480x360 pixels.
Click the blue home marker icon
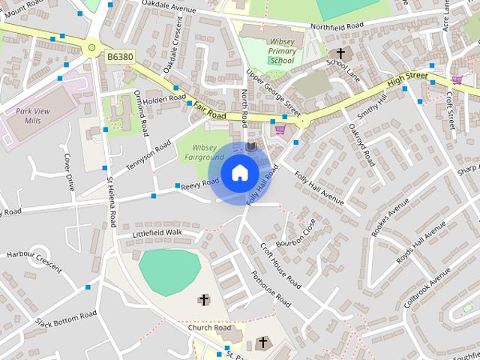(239, 173)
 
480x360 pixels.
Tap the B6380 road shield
(120, 56)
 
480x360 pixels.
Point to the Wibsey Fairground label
(204, 151)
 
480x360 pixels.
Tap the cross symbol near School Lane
(341, 54)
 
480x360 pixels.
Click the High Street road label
(408, 78)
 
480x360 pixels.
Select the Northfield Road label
(337, 25)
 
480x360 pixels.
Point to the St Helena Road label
(112, 202)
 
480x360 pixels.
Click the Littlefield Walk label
(157, 233)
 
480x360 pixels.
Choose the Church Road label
(209, 328)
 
